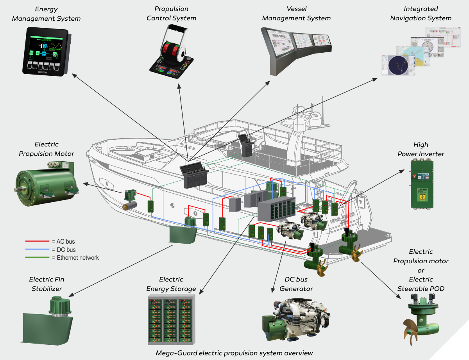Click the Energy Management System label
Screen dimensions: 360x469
(47, 14)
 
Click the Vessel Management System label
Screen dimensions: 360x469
(296, 14)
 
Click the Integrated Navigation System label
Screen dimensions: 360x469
(421, 14)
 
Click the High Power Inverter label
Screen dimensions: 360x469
(421, 149)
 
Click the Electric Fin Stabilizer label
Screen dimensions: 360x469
(47, 284)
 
